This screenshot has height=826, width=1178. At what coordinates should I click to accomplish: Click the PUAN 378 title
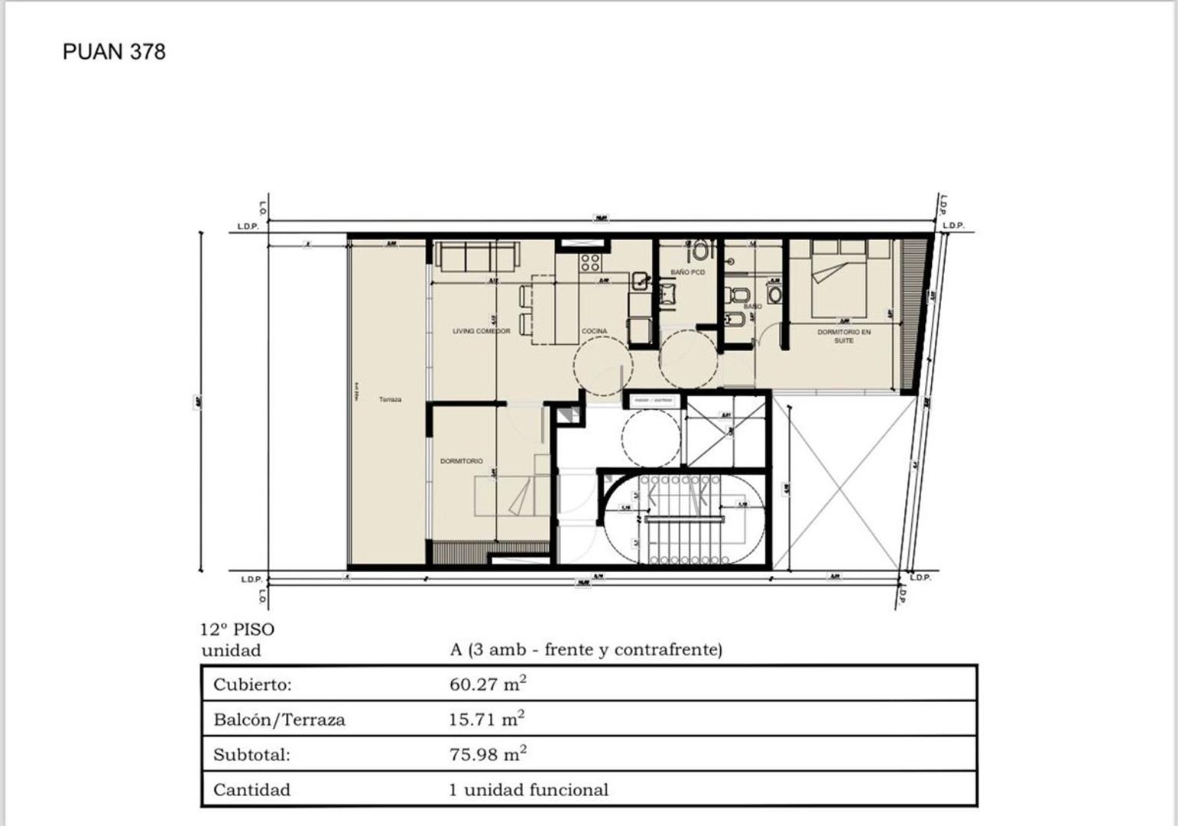(x=114, y=51)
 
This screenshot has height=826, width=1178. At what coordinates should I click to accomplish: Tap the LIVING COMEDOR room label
(x=481, y=331)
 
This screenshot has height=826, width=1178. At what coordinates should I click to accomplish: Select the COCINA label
(x=594, y=331)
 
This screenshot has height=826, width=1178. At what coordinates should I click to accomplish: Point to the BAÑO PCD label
(x=687, y=272)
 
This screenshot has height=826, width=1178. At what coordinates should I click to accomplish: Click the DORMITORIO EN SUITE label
(x=844, y=336)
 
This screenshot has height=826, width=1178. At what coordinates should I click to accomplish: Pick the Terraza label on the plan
(x=390, y=399)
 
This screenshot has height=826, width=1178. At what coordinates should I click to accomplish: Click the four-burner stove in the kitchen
(x=590, y=262)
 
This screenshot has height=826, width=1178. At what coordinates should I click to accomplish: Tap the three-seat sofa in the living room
(x=477, y=256)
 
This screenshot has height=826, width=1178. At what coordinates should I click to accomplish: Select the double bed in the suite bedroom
(x=839, y=278)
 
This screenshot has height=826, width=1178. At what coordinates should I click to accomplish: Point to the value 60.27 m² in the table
(x=487, y=684)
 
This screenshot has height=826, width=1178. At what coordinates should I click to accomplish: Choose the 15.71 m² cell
(x=486, y=719)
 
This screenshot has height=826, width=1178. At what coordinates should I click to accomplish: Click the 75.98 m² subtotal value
(x=487, y=754)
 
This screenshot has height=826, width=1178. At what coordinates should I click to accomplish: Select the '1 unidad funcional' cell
(x=528, y=789)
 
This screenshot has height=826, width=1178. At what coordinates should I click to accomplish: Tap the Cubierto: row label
(x=252, y=685)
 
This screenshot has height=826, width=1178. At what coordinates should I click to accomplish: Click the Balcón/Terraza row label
(x=279, y=720)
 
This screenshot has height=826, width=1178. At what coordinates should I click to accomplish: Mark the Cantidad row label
(x=252, y=790)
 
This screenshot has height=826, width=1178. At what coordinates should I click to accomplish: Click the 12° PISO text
(x=237, y=629)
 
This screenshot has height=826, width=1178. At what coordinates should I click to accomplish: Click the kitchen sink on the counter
(x=641, y=281)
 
